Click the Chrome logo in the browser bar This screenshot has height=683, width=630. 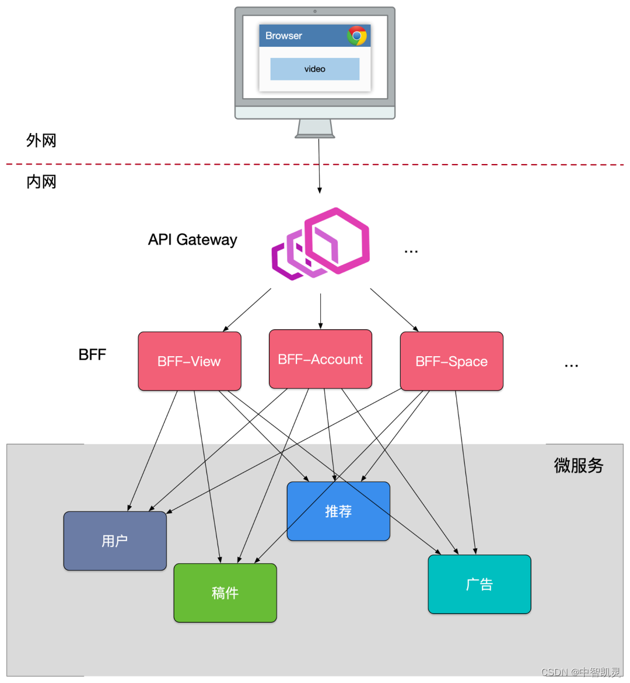point(356,36)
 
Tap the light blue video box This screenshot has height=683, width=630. point(315,69)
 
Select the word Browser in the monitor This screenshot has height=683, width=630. point(283,36)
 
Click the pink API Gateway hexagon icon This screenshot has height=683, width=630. point(321,243)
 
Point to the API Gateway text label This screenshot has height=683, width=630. point(192,239)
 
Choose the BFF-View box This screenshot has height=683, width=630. point(190,361)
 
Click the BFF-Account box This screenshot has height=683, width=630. point(320,359)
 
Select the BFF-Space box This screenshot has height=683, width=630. point(452,361)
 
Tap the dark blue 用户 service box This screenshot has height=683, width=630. point(115,541)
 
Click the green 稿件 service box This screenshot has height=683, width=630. point(225,593)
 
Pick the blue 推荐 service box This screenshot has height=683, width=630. point(338,511)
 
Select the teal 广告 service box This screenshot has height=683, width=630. point(480,584)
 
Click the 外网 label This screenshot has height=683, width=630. point(41,140)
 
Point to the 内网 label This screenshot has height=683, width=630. point(41,182)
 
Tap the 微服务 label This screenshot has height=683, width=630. point(579,466)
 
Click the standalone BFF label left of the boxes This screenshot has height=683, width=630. point(92,354)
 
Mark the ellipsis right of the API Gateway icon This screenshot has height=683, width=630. point(411,252)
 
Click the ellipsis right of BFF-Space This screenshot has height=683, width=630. point(571,366)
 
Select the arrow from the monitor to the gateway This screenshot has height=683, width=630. point(319,166)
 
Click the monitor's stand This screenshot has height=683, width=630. point(315,128)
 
